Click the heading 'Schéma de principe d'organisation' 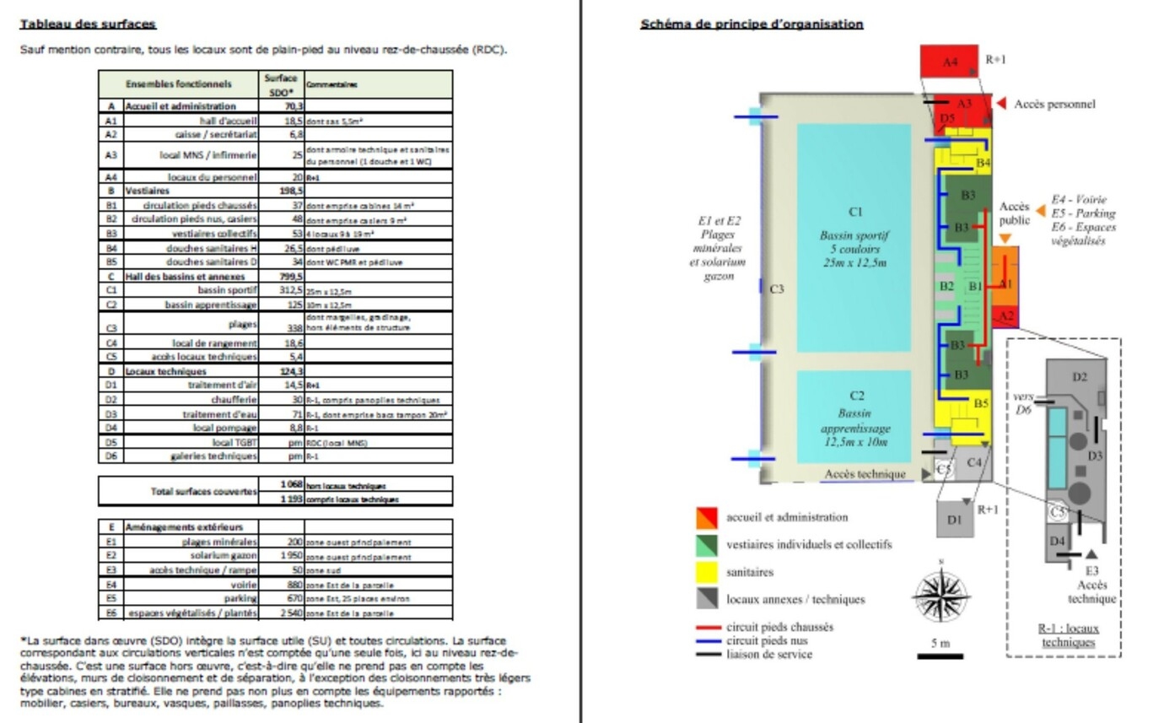coord(752,24)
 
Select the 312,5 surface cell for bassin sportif coord(282,290)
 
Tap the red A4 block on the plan coord(950,62)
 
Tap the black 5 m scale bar coord(939,656)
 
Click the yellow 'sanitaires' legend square coord(706,572)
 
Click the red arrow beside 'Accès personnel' coord(1001,104)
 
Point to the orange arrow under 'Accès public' coord(1005,239)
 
